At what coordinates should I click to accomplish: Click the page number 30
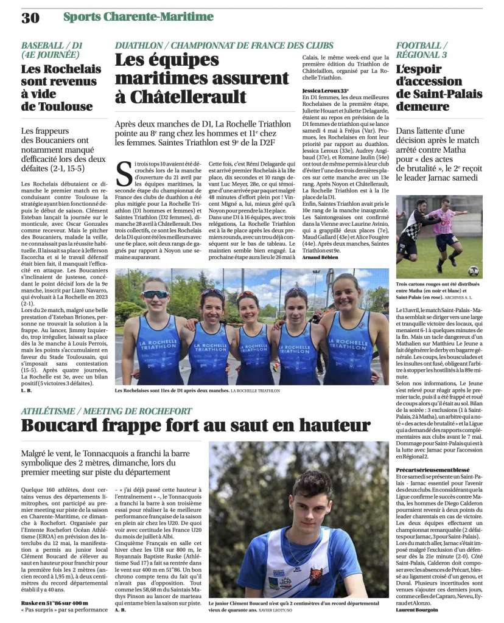(x=30, y=18)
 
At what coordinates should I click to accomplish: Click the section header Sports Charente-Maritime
(x=138, y=17)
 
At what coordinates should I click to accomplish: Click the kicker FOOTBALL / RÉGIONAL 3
(x=427, y=50)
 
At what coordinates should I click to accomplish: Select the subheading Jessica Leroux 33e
(x=325, y=91)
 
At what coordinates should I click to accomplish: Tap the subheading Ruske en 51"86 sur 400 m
(x=52, y=602)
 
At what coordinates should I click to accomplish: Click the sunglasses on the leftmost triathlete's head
(x=156, y=294)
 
